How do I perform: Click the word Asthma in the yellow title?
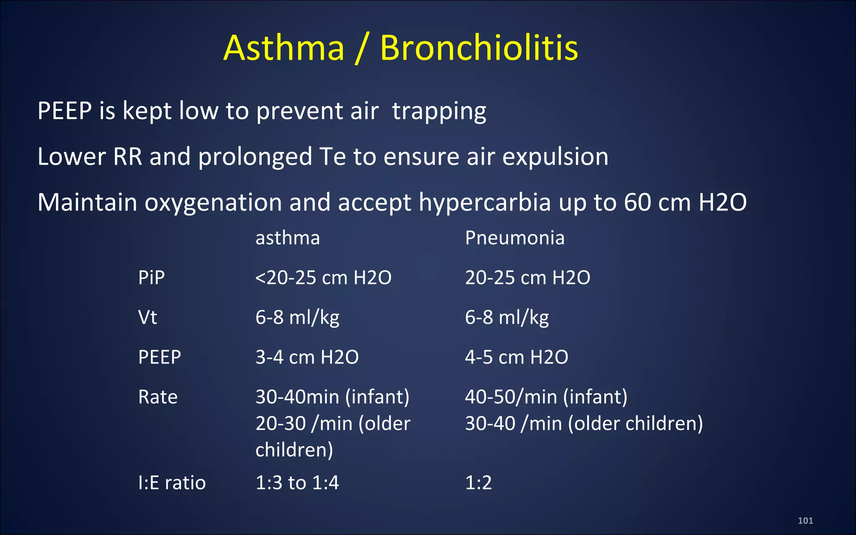[x=284, y=48]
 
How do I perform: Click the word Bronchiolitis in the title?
[x=479, y=48]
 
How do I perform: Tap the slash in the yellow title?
[x=362, y=49]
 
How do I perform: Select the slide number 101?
[x=805, y=521]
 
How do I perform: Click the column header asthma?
[x=288, y=238]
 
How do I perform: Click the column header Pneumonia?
[x=515, y=238]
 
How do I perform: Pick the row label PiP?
[x=151, y=278]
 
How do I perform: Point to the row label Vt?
[x=147, y=318]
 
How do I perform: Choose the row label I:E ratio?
[x=172, y=483]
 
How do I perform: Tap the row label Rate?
[x=158, y=397]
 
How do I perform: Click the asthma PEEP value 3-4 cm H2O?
[x=307, y=357]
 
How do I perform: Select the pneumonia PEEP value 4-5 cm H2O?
[x=516, y=357]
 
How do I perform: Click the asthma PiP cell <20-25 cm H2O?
[x=323, y=278]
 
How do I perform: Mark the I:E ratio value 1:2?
[x=478, y=483]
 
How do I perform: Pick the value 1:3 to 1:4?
[x=297, y=483]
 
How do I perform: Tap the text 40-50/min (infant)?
[x=546, y=397]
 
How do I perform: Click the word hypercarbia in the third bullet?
[x=485, y=203]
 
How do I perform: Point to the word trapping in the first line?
[x=439, y=112]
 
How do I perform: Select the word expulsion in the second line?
[x=555, y=157]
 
